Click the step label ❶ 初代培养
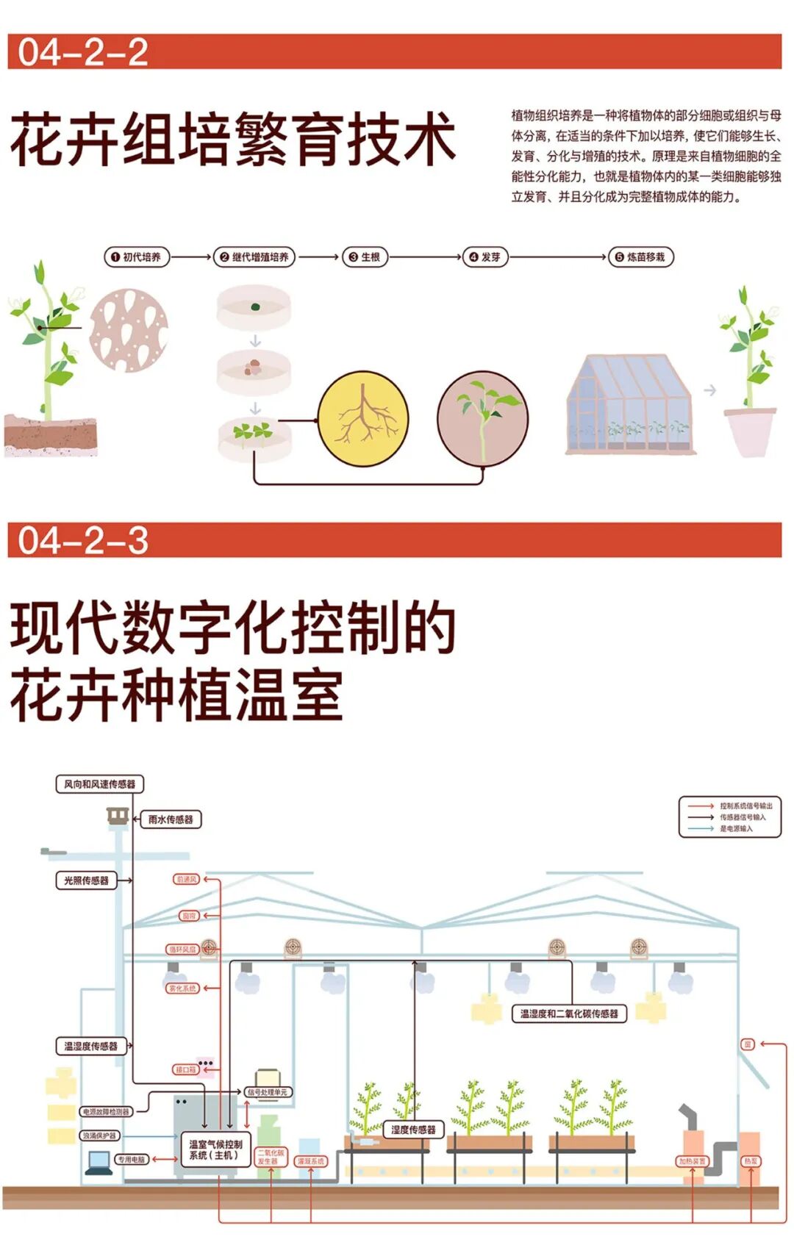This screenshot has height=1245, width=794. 136,257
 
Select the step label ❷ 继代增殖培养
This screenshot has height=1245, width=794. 254,257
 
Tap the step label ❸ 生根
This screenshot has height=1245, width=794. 365,257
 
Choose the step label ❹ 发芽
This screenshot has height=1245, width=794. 484,257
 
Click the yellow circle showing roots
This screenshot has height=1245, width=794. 363,419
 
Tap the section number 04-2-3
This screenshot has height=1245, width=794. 83,540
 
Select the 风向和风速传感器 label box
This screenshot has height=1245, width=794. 100,784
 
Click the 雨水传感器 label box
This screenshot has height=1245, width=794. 171,819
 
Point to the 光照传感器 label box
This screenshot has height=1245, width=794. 87,880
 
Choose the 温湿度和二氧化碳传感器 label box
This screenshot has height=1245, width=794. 569,1014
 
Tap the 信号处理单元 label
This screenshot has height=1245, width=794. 268,1092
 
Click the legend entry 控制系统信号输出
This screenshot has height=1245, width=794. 745,806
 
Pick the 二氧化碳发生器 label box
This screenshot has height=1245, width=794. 271,1157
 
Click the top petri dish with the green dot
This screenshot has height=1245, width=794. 254,306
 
